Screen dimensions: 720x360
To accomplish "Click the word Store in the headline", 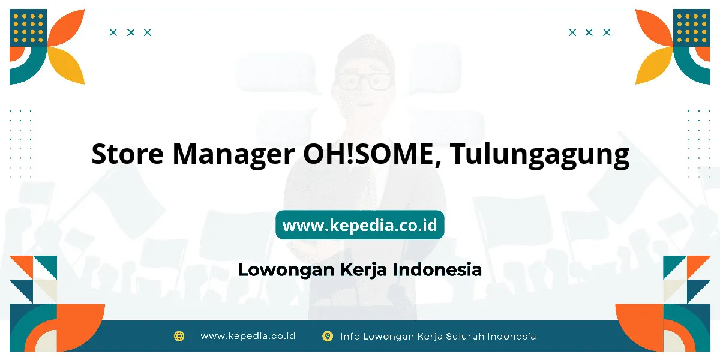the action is (x=128, y=154).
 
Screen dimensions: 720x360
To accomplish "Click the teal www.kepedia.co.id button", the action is (x=360, y=224).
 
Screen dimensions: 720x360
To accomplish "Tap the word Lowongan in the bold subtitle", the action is (x=286, y=270).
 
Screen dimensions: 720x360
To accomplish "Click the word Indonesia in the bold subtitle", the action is (x=437, y=269).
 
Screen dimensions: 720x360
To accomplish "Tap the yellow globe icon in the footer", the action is (x=179, y=336).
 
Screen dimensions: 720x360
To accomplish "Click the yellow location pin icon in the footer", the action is (x=327, y=337).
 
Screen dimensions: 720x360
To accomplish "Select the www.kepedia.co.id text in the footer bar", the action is (x=248, y=336).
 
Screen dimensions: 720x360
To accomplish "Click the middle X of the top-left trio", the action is (x=131, y=32).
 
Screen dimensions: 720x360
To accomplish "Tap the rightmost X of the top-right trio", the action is (x=607, y=32).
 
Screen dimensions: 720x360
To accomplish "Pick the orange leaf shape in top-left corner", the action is (x=67, y=28).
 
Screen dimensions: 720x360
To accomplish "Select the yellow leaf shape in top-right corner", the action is (x=654, y=65).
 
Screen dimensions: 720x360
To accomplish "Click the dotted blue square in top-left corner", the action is (x=28, y=28).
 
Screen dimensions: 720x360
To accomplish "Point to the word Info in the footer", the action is (x=350, y=337).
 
